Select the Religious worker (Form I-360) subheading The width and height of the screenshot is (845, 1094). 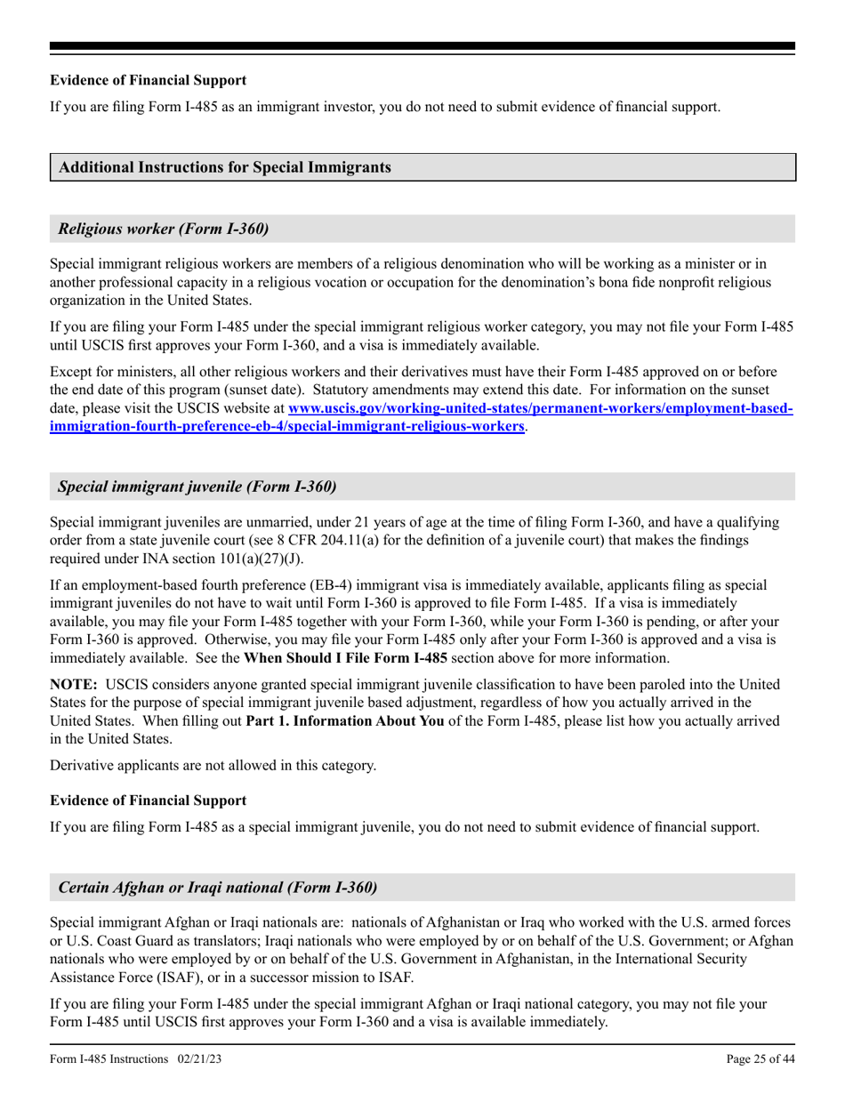[163, 229]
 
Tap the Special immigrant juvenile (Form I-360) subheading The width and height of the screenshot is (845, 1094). [197, 487]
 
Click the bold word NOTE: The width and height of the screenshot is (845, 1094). [74, 684]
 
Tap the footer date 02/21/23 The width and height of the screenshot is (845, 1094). [199, 1059]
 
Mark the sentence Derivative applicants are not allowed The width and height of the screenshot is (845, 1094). [213, 766]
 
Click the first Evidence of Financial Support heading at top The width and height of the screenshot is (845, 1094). [149, 80]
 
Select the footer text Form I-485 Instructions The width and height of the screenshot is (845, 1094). [109, 1059]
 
